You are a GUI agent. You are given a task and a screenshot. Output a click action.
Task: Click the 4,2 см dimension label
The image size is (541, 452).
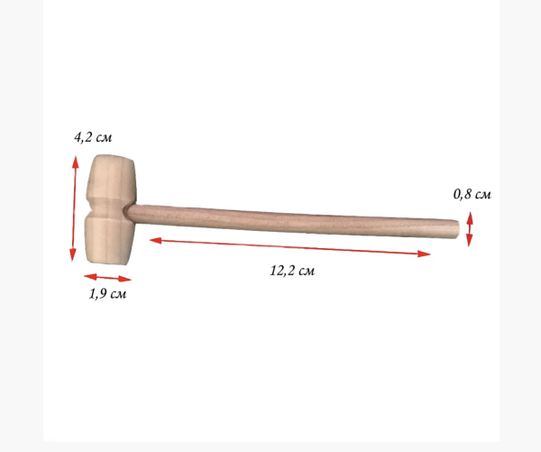(x=93, y=137)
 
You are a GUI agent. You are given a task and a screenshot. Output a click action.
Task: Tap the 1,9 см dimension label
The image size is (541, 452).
(x=107, y=294)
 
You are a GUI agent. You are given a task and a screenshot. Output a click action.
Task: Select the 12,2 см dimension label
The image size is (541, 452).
(x=292, y=271)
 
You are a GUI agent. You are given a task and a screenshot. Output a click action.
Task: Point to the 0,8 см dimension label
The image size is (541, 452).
(x=472, y=194)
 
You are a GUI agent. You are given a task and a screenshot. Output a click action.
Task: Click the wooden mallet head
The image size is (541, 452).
(x=110, y=209)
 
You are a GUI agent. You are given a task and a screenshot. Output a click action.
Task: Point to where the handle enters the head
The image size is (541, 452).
(x=128, y=212)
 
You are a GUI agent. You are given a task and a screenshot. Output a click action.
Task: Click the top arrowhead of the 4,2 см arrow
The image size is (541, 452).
(x=75, y=162)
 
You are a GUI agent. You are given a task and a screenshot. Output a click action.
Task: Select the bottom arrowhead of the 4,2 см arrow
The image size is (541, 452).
(x=72, y=254)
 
